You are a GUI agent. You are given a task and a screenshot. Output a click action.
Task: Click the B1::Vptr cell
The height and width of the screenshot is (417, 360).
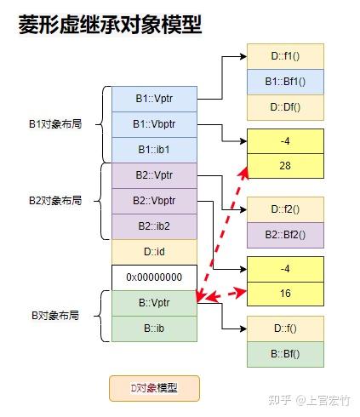click(x=154, y=99)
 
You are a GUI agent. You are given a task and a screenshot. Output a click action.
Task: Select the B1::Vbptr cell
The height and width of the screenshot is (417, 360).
click(x=154, y=124)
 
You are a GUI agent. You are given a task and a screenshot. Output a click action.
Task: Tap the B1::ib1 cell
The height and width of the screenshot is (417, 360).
click(x=154, y=150)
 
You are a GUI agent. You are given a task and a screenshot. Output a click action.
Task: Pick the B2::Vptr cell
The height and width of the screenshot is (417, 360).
click(x=154, y=175)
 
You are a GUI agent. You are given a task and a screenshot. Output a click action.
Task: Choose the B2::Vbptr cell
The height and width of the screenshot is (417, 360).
click(x=154, y=201)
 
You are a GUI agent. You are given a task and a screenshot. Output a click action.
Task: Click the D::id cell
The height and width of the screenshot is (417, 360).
click(x=154, y=252)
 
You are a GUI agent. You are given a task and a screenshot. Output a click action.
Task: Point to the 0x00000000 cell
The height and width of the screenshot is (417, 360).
click(x=154, y=277)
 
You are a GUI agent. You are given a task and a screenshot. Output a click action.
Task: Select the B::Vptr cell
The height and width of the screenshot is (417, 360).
click(x=154, y=303)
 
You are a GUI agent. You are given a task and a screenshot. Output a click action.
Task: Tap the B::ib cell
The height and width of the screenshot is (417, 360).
click(x=154, y=328)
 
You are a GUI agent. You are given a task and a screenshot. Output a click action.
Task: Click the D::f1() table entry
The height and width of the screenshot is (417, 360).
click(x=285, y=56)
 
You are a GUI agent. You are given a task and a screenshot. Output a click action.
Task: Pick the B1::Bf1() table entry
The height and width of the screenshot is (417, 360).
click(x=285, y=82)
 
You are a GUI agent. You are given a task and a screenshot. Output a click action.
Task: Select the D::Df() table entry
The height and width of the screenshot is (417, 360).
click(x=285, y=107)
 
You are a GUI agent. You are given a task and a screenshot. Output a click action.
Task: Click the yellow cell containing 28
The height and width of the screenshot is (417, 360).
click(x=285, y=166)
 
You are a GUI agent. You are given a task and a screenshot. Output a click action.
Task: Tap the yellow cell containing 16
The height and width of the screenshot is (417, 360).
click(x=285, y=294)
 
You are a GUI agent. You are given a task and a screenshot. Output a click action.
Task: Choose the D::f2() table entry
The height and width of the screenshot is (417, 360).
click(x=285, y=209)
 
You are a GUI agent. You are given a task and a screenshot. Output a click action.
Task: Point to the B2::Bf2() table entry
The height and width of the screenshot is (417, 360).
click(x=285, y=235)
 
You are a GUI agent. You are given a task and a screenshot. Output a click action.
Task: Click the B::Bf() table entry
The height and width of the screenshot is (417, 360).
click(x=285, y=354)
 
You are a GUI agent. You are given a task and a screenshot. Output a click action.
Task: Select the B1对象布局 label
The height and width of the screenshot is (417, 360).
click(x=55, y=124)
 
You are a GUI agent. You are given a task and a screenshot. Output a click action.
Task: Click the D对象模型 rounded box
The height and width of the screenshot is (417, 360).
click(x=154, y=388)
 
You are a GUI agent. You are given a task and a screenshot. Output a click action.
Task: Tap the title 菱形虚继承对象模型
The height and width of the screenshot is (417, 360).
click(x=110, y=25)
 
